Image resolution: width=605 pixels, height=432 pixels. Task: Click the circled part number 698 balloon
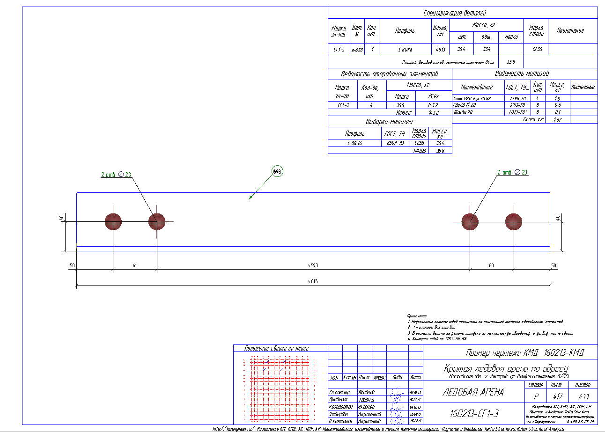click(277, 172)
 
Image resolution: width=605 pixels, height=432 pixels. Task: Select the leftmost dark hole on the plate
click(113, 221)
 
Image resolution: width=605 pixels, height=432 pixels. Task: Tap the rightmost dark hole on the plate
click(514, 221)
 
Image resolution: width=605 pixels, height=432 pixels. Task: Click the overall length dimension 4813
click(313, 282)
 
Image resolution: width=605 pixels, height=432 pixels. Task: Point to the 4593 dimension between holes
click(313, 265)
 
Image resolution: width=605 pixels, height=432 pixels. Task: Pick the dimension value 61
click(134, 265)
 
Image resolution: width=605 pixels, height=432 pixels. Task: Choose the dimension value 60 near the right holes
click(491, 265)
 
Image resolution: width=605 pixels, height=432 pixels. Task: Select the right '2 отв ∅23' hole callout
click(512, 173)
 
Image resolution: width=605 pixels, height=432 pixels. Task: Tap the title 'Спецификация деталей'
click(455, 13)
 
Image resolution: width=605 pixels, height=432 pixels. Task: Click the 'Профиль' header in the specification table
click(405, 31)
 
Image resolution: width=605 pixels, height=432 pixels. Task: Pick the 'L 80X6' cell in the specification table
click(405, 49)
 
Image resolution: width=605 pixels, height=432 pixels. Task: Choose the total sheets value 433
click(583, 396)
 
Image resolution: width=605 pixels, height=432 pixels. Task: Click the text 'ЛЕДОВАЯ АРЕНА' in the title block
click(473, 392)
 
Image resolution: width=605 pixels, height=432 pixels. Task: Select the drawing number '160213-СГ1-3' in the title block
click(473, 414)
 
